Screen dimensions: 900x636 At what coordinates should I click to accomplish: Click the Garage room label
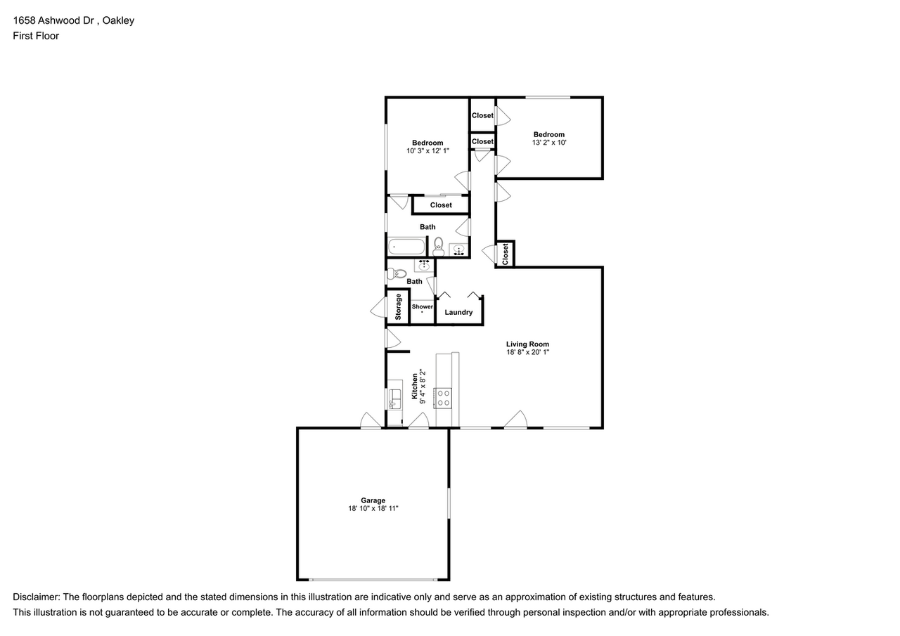(x=373, y=500)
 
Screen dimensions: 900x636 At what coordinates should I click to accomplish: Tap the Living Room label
(x=527, y=344)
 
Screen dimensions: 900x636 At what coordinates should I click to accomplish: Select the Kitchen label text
(x=415, y=387)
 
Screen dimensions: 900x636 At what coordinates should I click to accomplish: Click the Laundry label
(x=458, y=313)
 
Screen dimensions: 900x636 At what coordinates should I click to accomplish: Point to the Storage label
(x=398, y=307)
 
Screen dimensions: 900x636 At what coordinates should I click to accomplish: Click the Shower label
(x=423, y=307)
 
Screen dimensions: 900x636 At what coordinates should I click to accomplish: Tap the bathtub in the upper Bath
(x=406, y=247)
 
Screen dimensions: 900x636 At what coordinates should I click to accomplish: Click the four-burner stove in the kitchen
(x=443, y=398)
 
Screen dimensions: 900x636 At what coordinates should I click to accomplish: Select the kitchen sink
(x=395, y=398)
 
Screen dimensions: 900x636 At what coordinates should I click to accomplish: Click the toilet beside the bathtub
(x=438, y=247)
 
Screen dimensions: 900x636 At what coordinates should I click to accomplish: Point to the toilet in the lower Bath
(x=397, y=274)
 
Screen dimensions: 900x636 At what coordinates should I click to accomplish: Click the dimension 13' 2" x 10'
(x=549, y=143)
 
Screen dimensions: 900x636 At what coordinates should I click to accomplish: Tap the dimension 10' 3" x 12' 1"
(x=427, y=151)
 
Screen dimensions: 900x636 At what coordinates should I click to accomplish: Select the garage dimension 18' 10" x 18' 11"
(x=373, y=508)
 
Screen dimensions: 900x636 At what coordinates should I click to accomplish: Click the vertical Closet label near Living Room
(x=505, y=254)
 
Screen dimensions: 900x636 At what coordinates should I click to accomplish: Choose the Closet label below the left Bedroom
(x=441, y=205)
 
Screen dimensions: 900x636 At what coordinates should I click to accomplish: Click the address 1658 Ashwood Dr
(x=53, y=20)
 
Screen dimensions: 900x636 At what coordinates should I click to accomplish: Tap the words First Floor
(x=36, y=36)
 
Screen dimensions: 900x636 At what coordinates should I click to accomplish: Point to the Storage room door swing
(x=378, y=308)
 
